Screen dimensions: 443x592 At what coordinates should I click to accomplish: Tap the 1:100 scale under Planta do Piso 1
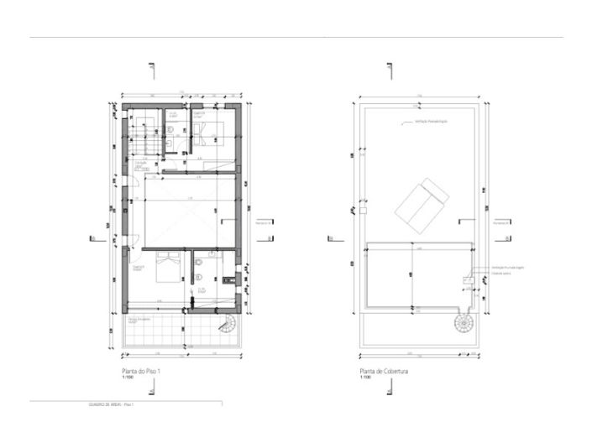(128, 378)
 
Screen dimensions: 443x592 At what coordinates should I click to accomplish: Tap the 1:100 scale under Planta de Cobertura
(365, 378)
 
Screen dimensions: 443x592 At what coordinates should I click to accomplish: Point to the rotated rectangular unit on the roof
(423, 202)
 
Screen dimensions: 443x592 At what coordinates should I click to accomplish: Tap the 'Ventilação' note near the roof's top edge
(432, 122)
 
